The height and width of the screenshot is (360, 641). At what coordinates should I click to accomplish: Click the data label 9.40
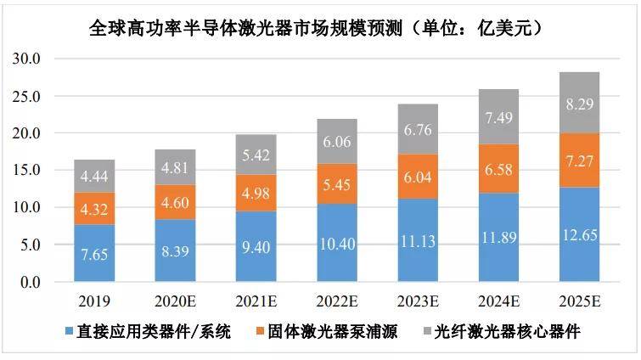point(255,248)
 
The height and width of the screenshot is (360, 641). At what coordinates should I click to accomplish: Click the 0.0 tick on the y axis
point(31,282)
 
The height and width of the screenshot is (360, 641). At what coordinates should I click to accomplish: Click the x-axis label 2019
point(93,302)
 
